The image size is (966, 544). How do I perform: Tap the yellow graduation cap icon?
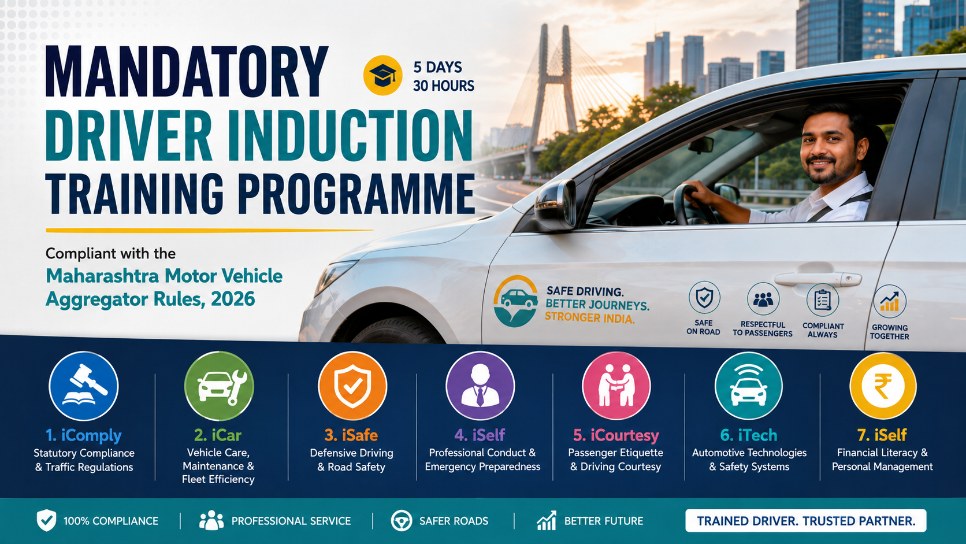(382, 75)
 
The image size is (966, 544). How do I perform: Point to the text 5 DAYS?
(437, 67)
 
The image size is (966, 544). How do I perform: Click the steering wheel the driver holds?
(692, 203)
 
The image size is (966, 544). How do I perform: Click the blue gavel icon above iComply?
(84, 386)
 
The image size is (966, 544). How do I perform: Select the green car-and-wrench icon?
(218, 386)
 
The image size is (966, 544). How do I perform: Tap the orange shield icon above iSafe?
(352, 386)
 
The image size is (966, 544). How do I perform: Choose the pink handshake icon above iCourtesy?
(616, 386)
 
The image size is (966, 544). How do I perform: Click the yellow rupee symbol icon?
(883, 386)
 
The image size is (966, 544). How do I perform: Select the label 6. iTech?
(749, 435)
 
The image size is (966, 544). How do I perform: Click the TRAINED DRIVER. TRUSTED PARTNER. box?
(805, 521)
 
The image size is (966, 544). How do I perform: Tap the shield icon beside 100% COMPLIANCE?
(46, 520)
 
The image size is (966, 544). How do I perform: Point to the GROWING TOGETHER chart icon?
(889, 301)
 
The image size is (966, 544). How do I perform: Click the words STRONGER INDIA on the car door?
(589, 318)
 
